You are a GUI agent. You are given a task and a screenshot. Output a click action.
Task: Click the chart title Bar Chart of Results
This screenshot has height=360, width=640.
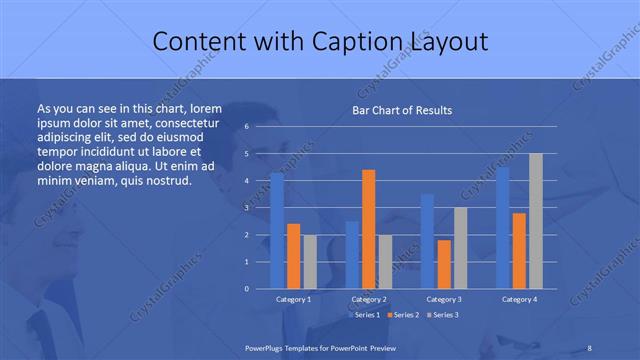tap(401, 109)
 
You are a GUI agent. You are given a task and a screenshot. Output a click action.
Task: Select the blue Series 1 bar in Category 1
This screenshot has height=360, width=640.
tap(277, 230)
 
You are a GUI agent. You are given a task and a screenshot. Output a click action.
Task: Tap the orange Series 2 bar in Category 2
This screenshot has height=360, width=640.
tap(368, 229)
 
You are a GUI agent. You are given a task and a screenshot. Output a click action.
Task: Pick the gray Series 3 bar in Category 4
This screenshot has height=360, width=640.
tap(535, 221)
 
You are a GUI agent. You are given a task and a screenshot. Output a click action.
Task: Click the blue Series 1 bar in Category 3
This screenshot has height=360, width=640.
tap(428, 241)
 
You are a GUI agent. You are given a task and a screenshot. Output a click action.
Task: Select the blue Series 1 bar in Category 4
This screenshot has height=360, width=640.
tap(503, 228)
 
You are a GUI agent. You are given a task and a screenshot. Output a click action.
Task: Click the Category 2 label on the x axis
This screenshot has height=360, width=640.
tap(369, 299)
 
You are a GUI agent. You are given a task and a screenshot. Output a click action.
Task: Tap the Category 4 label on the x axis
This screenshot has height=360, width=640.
tap(519, 299)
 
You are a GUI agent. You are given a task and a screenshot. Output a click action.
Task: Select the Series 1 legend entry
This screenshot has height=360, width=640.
tap(365, 315)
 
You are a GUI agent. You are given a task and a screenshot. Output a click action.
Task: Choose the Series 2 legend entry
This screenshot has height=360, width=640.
tap(403, 315)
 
